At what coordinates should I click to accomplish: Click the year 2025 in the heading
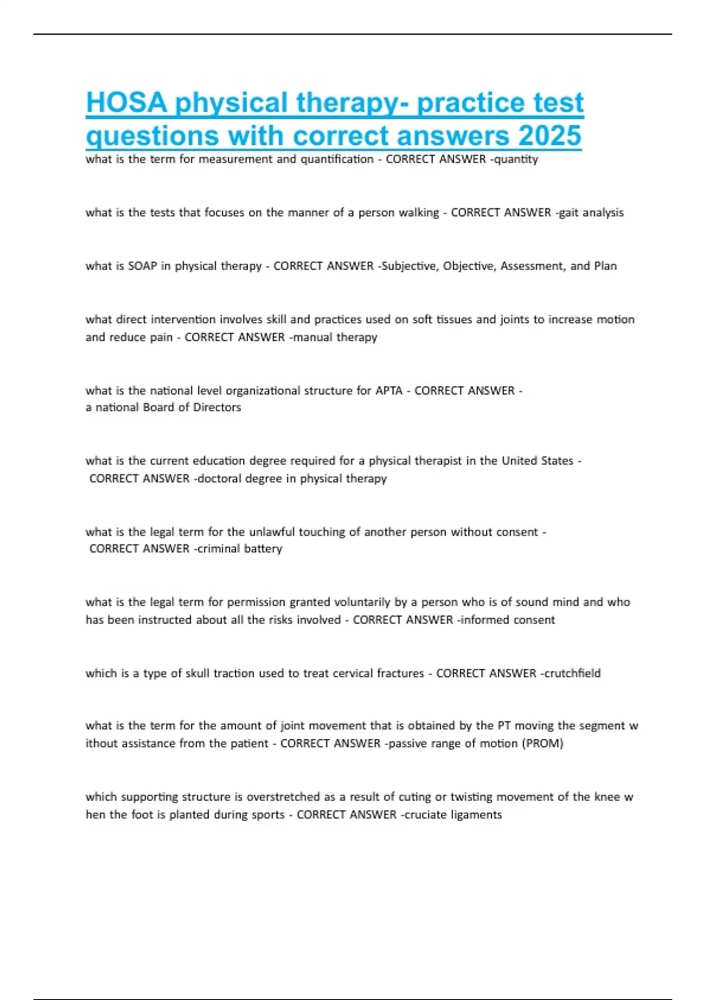[x=550, y=136]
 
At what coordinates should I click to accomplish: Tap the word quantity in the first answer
[x=515, y=159]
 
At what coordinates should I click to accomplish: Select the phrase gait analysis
[x=591, y=213]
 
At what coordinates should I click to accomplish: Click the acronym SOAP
[x=142, y=266]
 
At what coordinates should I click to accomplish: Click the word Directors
[x=217, y=407]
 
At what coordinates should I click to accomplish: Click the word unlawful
[x=272, y=532]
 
